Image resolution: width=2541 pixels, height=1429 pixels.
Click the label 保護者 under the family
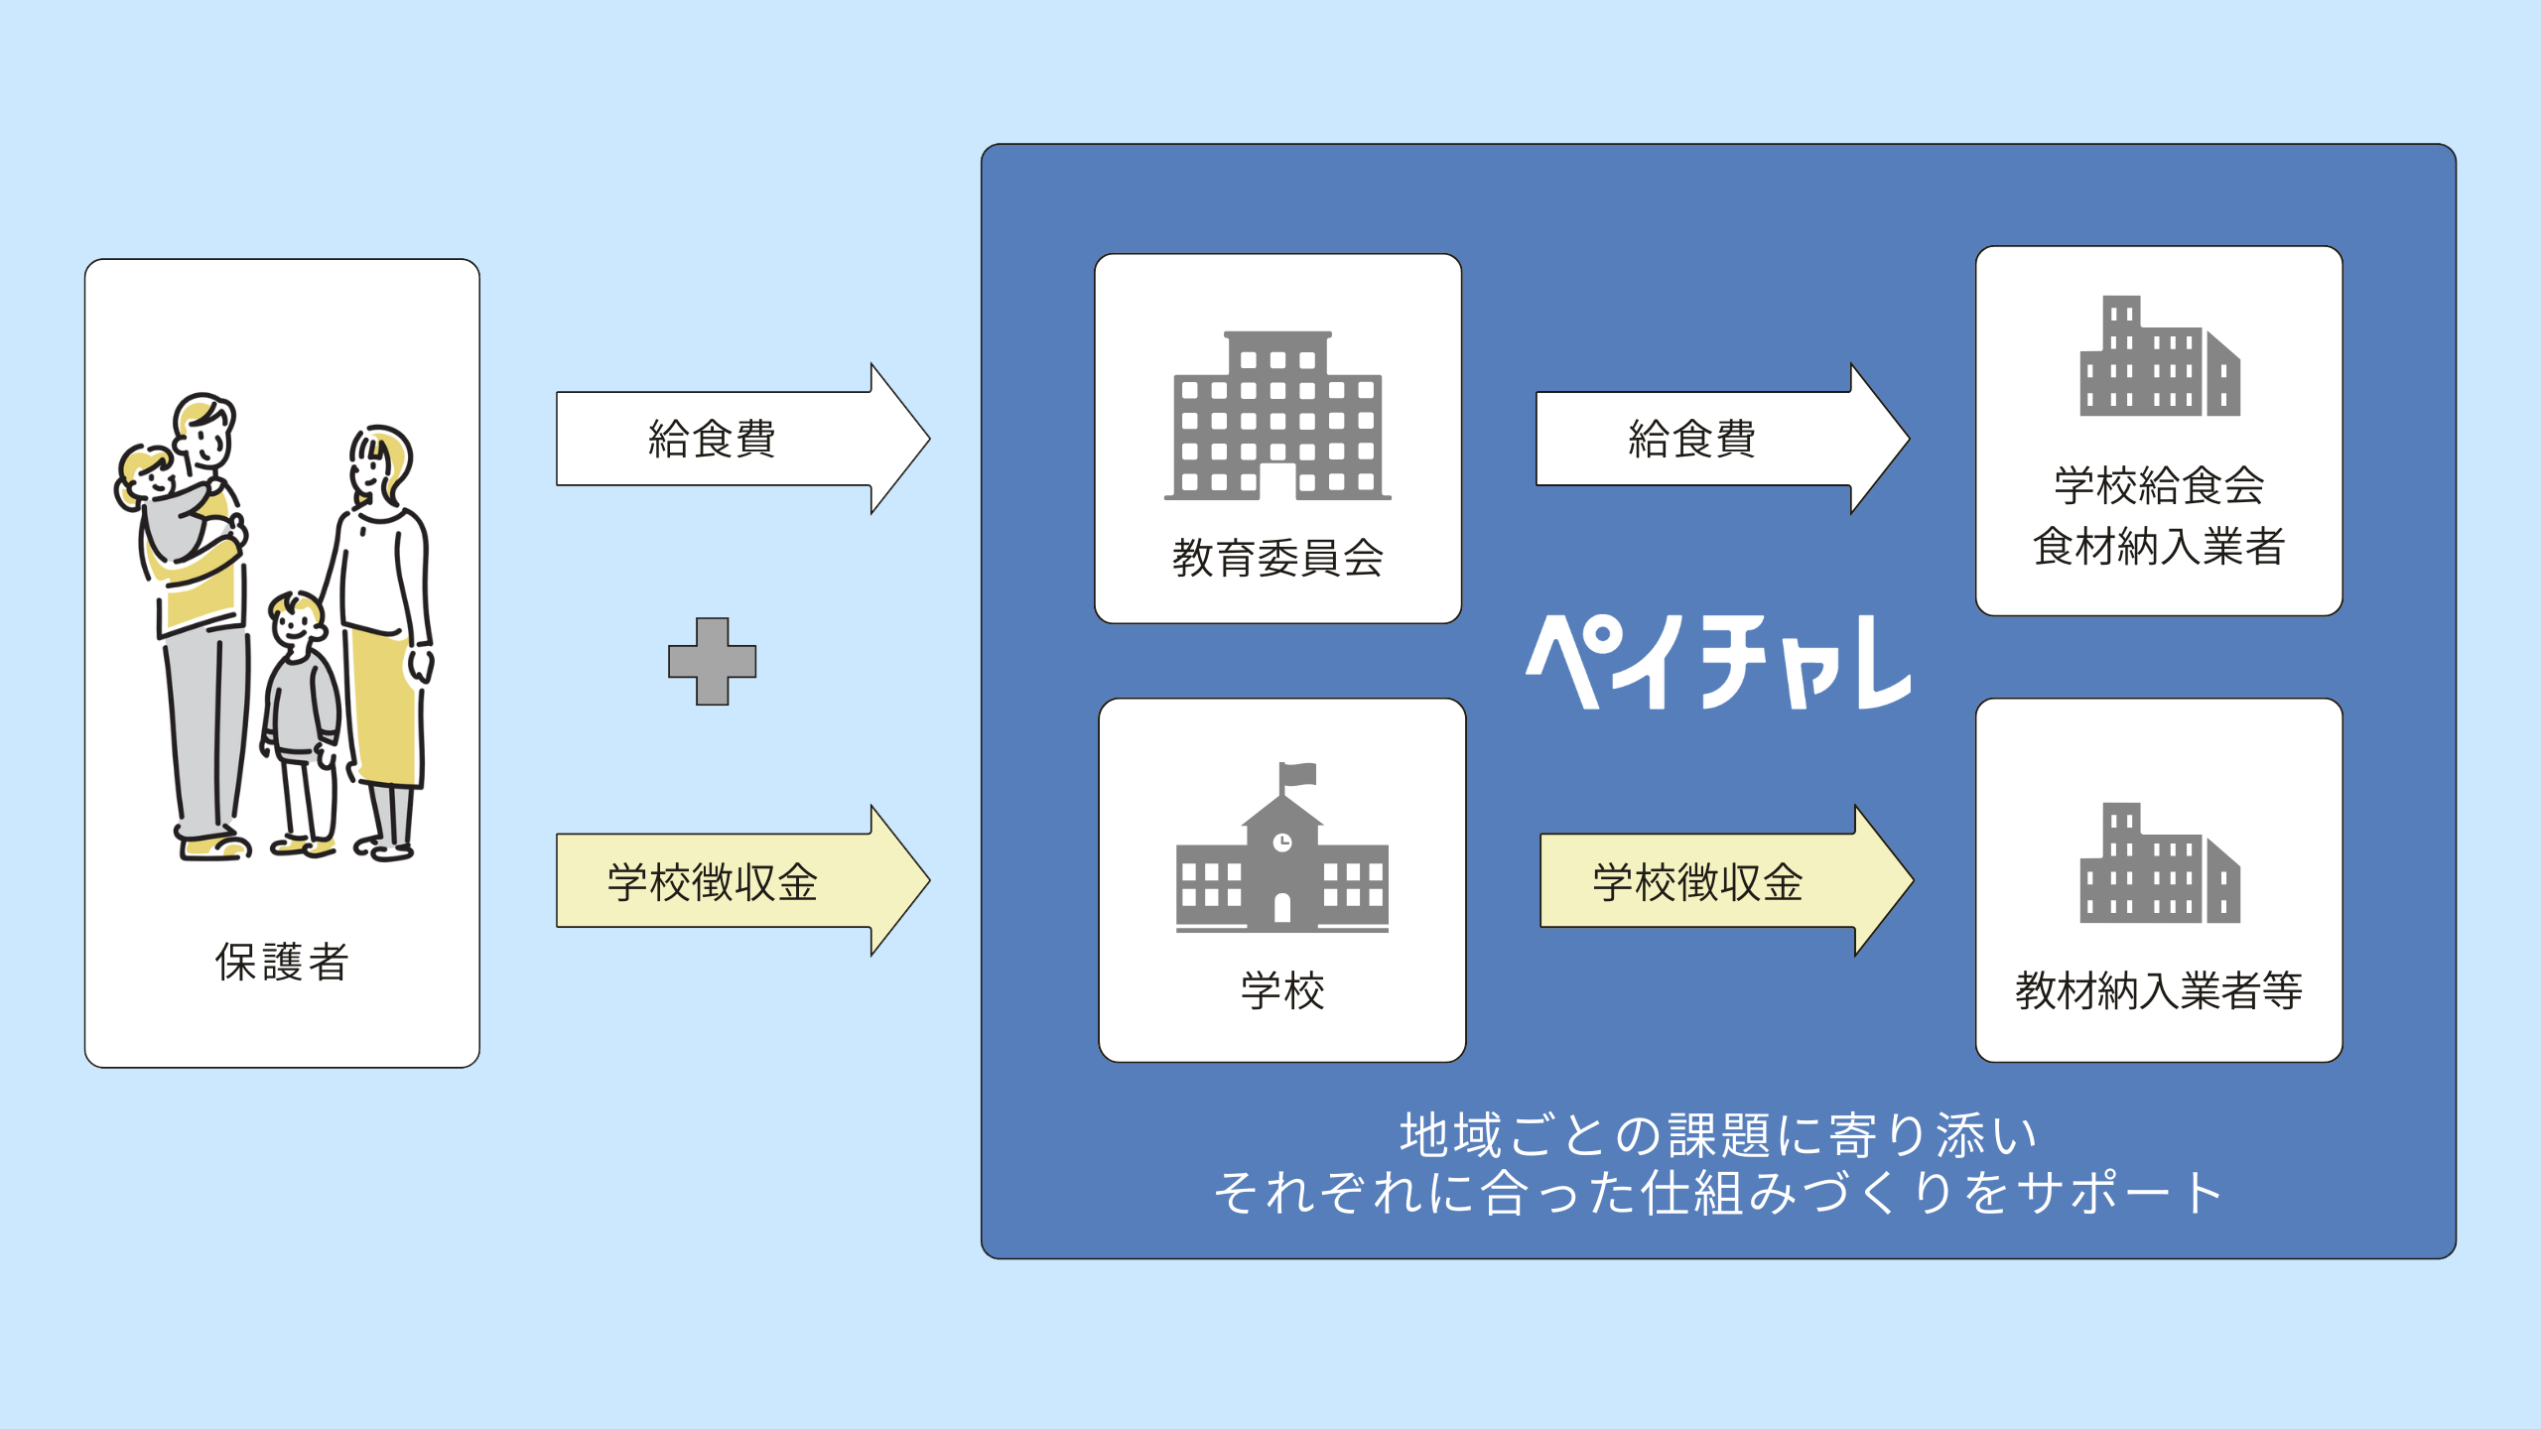(x=282, y=962)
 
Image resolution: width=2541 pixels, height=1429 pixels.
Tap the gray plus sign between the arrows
(x=713, y=662)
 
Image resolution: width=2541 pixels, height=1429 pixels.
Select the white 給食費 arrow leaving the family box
(x=743, y=439)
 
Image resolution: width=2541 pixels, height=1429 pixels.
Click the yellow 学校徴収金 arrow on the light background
(x=743, y=881)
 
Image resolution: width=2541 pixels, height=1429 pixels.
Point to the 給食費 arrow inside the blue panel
(x=1723, y=439)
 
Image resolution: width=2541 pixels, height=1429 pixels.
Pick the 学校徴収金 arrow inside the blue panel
(x=1727, y=881)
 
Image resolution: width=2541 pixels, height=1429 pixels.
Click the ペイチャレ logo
(x=1719, y=662)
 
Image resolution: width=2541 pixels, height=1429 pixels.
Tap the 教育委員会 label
(x=1277, y=558)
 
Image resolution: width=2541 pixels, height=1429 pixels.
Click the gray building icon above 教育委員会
(x=1277, y=416)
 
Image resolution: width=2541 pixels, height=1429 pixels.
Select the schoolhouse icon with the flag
(x=1282, y=847)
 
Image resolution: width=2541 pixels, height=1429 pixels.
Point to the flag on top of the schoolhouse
(x=1298, y=774)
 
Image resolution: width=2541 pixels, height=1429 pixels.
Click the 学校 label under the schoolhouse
(x=1282, y=990)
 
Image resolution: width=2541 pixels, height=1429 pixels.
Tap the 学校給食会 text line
(x=2159, y=485)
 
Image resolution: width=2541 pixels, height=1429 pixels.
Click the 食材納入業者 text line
(x=2159, y=546)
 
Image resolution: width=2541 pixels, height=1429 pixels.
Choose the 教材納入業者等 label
(x=2159, y=990)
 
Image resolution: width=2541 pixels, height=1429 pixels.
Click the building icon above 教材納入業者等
(x=2160, y=862)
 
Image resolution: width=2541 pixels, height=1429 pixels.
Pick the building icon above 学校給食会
(x=2160, y=355)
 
